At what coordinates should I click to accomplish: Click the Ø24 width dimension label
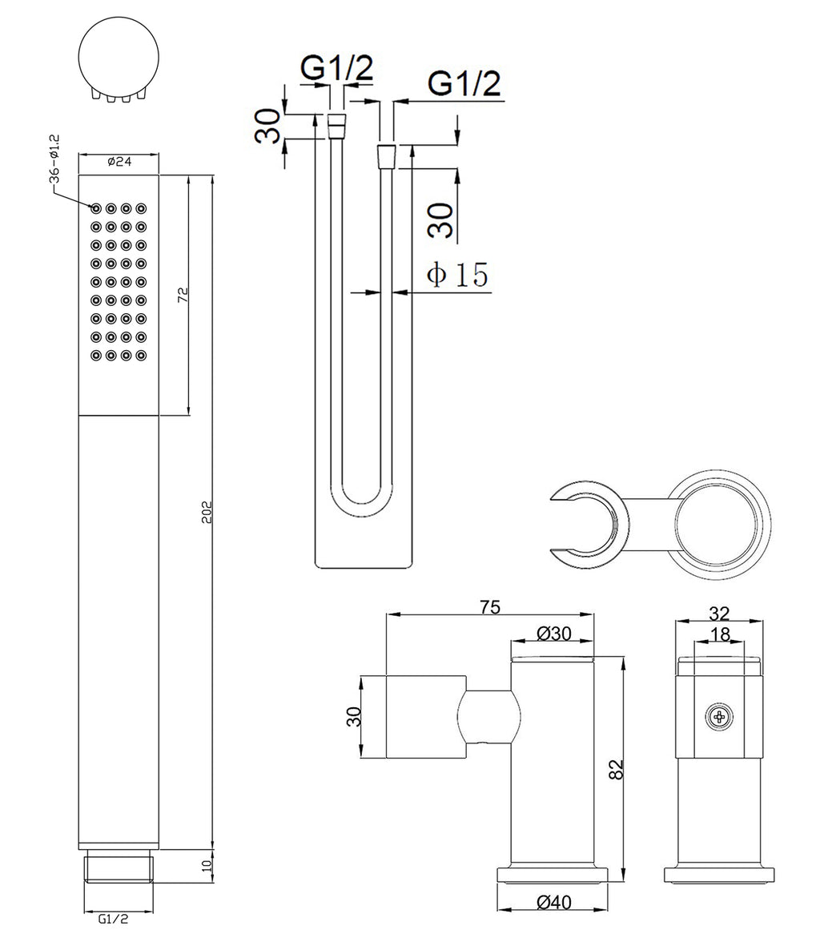click(x=119, y=161)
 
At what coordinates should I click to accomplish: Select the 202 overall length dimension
click(x=207, y=513)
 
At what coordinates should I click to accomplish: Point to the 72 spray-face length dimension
click(x=183, y=294)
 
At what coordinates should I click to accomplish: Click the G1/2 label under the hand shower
click(x=113, y=918)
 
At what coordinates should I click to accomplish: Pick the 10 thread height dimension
click(x=207, y=866)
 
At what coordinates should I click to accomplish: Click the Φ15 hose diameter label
click(x=457, y=274)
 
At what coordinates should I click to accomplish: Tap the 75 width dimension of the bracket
click(x=490, y=606)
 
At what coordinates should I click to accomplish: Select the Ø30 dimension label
click(x=554, y=633)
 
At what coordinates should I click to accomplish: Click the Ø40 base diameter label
click(x=554, y=902)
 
